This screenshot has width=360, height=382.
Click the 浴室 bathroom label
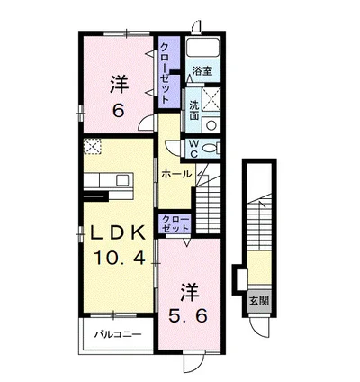(x=202, y=71)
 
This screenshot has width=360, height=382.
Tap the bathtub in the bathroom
(x=202, y=47)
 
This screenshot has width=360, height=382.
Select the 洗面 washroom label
(x=194, y=110)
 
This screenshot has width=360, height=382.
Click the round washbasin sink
(x=211, y=125)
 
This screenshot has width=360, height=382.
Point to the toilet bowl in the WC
(x=210, y=148)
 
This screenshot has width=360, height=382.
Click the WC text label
(x=193, y=149)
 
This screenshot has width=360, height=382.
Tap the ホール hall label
(x=176, y=174)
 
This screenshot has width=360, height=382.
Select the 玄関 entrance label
(x=259, y=301)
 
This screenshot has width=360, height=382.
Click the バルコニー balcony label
(x=118, y=334)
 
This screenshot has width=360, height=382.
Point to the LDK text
(x=119, y=232)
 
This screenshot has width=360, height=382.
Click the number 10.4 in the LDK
(x=120, y=257)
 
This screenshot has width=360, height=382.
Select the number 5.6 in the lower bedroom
(x=188, y=315)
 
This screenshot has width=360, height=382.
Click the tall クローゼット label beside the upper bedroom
(x=166, y=73)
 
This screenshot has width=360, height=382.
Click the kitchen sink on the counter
(x=123, y=179)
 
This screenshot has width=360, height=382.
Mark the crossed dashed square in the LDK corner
(x=93, y=146)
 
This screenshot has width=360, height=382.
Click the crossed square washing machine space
(x=211, y=99)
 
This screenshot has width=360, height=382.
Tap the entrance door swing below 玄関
(x=260, y=328)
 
